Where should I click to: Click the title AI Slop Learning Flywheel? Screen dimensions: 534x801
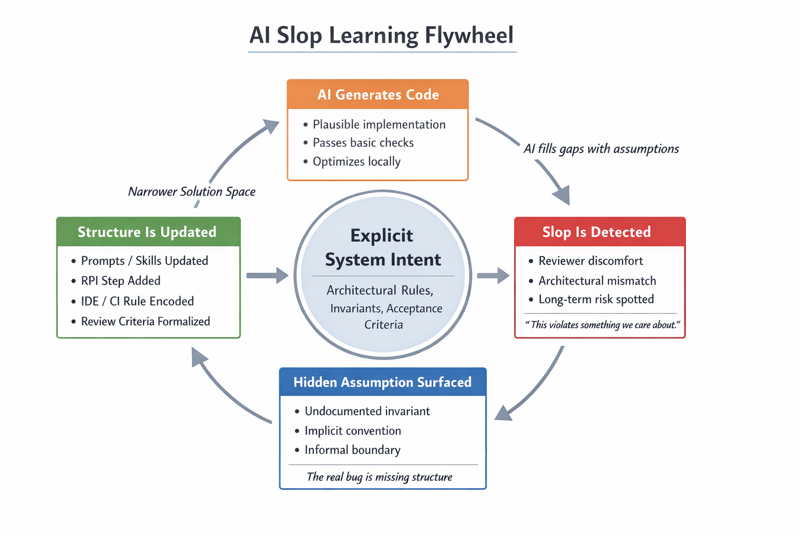382,35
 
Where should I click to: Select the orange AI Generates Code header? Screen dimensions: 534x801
378,94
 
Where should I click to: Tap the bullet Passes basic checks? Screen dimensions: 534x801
363,143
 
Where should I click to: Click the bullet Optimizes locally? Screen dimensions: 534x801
356,162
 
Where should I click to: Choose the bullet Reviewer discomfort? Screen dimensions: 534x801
590,261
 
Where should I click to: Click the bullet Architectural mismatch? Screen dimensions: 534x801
597,281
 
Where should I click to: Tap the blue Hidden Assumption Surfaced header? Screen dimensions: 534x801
382,382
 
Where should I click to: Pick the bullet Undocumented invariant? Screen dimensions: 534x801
367,411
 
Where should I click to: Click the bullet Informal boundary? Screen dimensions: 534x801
353,450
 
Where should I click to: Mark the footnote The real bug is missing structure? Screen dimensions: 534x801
380,477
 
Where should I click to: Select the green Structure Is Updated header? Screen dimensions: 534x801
148,232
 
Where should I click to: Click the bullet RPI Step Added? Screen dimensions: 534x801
120,281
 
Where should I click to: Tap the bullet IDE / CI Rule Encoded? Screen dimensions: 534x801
137,301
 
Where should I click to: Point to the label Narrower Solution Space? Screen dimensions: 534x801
191,192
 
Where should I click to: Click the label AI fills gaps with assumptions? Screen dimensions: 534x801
601,149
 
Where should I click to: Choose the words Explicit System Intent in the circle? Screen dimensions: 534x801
383,248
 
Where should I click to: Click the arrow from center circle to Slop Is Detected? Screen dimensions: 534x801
492,275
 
